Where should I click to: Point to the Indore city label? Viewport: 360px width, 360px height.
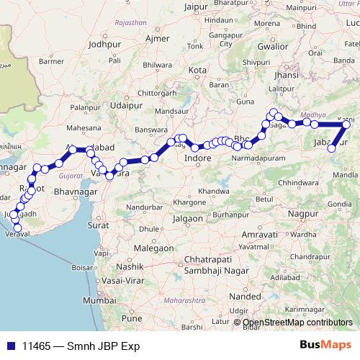[x=197, y=158]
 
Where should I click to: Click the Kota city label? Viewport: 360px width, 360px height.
[x=197, y=70]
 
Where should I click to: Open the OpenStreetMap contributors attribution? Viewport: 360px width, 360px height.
[x=297, y=323]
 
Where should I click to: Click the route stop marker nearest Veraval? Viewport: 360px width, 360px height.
[x=18, y=229]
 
